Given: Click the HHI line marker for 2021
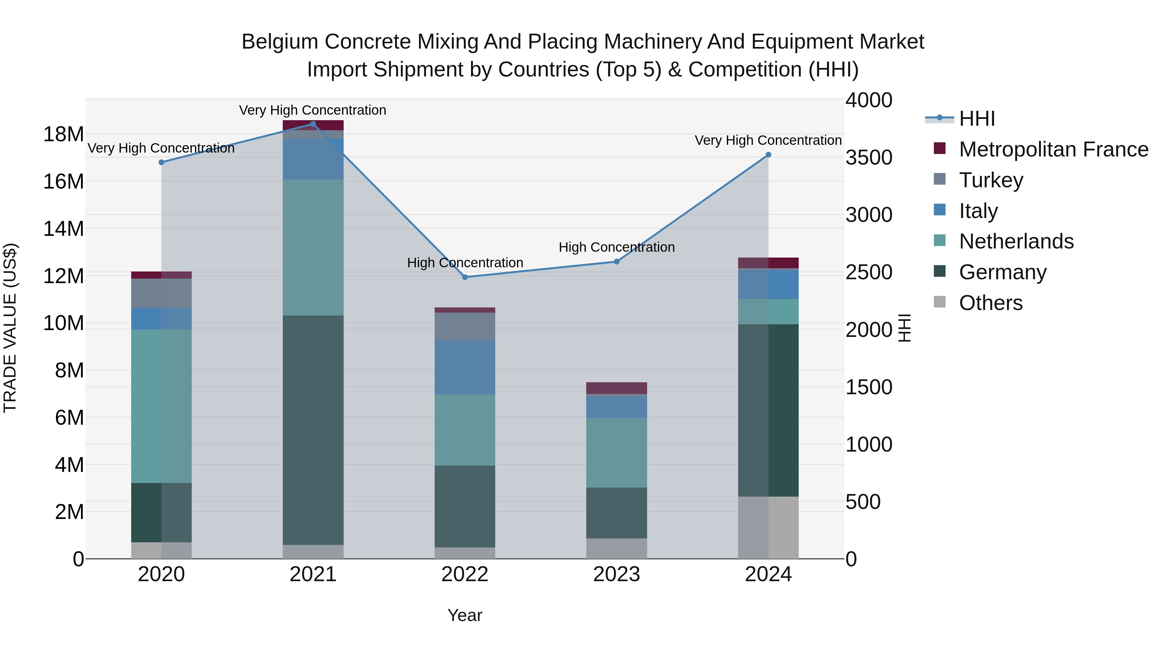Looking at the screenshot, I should pos(313,124).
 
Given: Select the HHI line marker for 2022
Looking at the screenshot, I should pos(465,277).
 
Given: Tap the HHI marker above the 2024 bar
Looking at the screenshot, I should pos(768,155).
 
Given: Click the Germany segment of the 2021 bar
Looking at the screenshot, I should pos(313,430).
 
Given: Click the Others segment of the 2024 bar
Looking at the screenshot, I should pos(768,527).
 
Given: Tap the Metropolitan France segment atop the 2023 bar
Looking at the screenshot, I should pos(616,388).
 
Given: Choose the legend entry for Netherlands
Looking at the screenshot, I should pos(1016,241).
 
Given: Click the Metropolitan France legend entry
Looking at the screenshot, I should pos(1053,149).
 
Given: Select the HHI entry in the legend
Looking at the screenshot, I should pos(977,119).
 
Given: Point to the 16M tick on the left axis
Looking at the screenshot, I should pos(63,181).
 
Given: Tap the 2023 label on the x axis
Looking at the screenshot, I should pos(616,574).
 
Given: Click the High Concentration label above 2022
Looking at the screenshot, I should pos(465,263).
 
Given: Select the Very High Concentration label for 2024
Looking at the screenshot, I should pos(768,140).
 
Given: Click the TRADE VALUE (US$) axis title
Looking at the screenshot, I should pos(10,328).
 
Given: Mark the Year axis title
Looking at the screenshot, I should pos(465,615).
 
